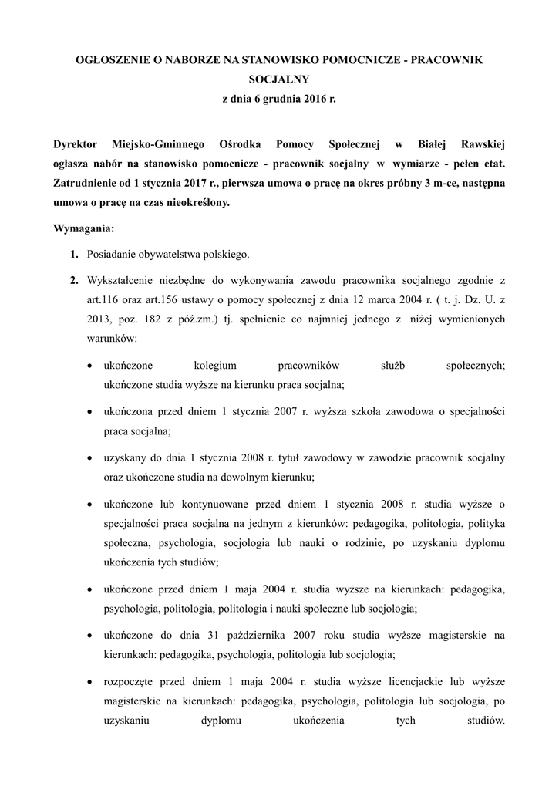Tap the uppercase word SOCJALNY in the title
pyautogui.click(x=279, y=79)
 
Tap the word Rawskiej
pyautogui.click(x=483, y=143)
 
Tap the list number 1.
pyautogui.click(x=74, y=255)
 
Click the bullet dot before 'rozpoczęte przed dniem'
pyautogui.click(x=92, y=682)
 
